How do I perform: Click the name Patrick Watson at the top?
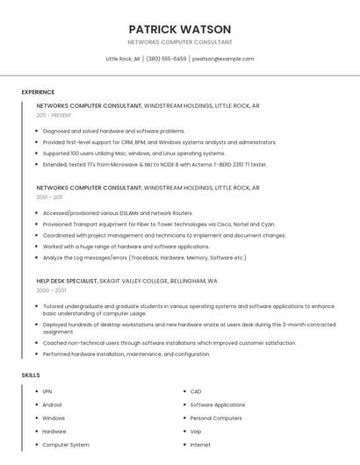coord(179,29)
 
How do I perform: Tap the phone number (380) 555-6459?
coord(166,59)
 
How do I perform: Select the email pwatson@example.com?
coord(223,59)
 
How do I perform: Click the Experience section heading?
coord(38,92)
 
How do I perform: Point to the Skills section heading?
coord(31,376)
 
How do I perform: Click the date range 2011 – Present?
coord(54,115)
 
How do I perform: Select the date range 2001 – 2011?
coord(49,197)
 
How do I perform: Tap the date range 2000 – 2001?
coord(51,290)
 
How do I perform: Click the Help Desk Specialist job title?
coord(67,281)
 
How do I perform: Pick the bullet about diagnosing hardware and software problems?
coord(113,131)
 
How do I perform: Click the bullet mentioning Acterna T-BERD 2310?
coord(154,164)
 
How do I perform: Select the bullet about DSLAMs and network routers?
coord(117,212)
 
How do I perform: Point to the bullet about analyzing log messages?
coord(144,258)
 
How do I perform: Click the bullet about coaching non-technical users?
coord(169,343)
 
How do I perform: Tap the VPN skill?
coord(47,391)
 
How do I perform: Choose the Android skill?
coord(52,404)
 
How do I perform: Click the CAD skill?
coord(196,391)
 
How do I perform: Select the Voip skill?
coord(196,432)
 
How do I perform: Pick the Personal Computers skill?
coord(215,418)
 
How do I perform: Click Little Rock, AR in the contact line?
coord(123,59)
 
